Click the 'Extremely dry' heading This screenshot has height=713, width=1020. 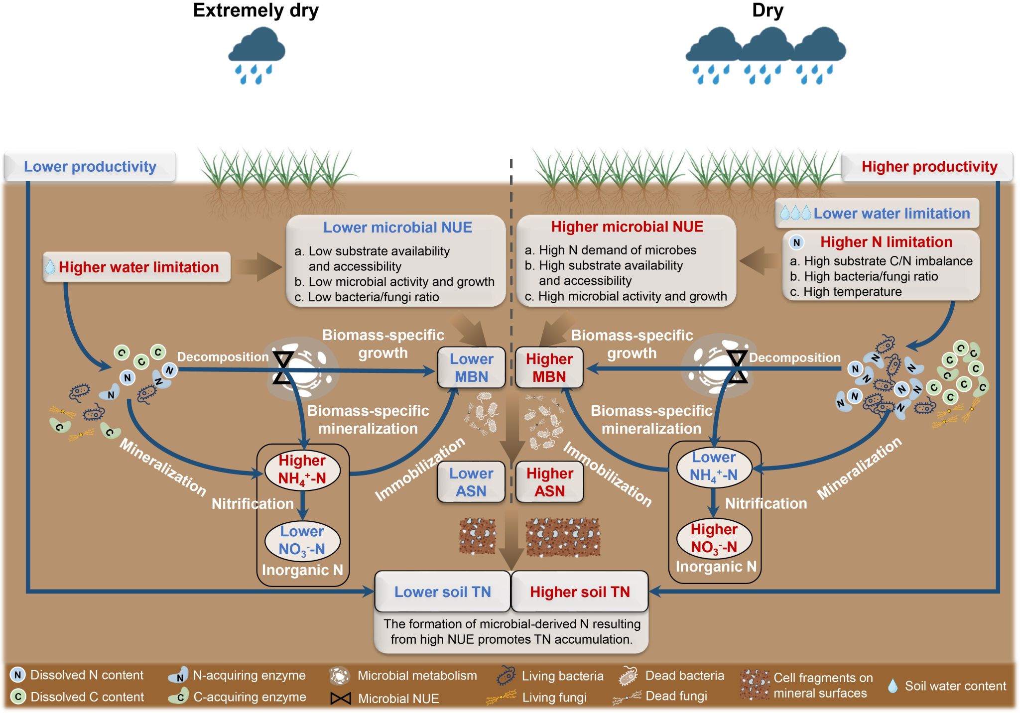point(255,10)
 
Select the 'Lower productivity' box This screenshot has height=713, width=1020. point(90,166)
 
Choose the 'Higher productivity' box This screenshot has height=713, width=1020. point(929,166)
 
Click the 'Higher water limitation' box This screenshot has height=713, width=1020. point(137,267)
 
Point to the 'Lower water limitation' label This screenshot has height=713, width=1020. point(891,214)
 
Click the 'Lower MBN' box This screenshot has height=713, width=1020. point(471,367)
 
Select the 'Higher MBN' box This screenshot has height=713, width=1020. point(549,367)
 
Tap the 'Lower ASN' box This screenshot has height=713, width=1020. point(471,482)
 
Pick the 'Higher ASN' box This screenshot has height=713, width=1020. point(550,482)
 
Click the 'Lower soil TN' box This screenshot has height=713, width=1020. point(443,592)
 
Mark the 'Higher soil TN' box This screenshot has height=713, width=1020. point(580,592)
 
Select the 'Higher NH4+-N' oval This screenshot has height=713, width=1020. point(302,470)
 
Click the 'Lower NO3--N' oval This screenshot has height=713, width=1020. point(302,541)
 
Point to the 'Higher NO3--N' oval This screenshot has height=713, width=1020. point(714,538)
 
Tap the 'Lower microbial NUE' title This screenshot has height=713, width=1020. point(397,228)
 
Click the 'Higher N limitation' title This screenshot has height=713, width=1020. point(886,242)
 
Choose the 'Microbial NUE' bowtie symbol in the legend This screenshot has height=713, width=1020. point(341,699)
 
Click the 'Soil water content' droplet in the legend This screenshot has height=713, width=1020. point(893,686)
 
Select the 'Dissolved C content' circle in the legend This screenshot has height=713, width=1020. point(18,697)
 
